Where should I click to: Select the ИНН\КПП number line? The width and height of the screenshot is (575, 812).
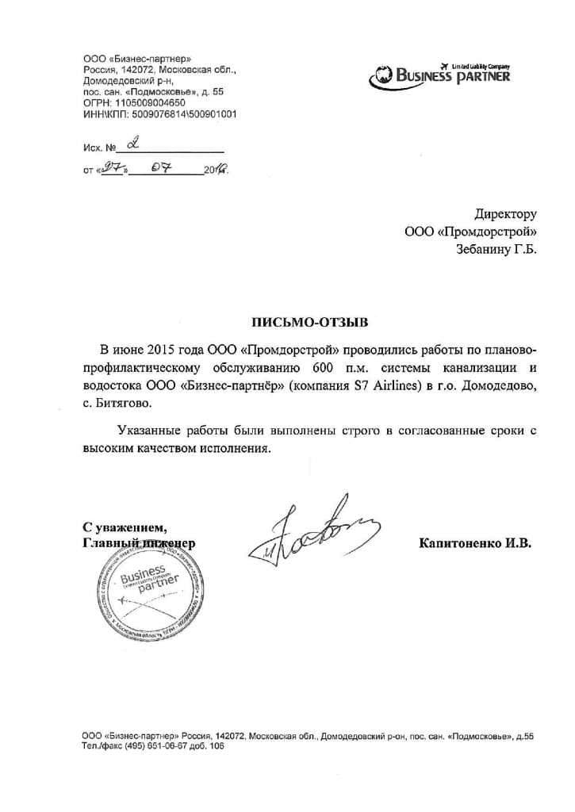coord(159,114)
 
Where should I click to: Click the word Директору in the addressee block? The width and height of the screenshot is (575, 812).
coord(506,213)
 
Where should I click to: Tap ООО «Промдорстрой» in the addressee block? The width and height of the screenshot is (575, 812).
coord(471,232)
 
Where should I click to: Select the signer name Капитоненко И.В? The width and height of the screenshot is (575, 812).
coord(474,543)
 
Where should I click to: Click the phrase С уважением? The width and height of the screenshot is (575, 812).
coord(125,527)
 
